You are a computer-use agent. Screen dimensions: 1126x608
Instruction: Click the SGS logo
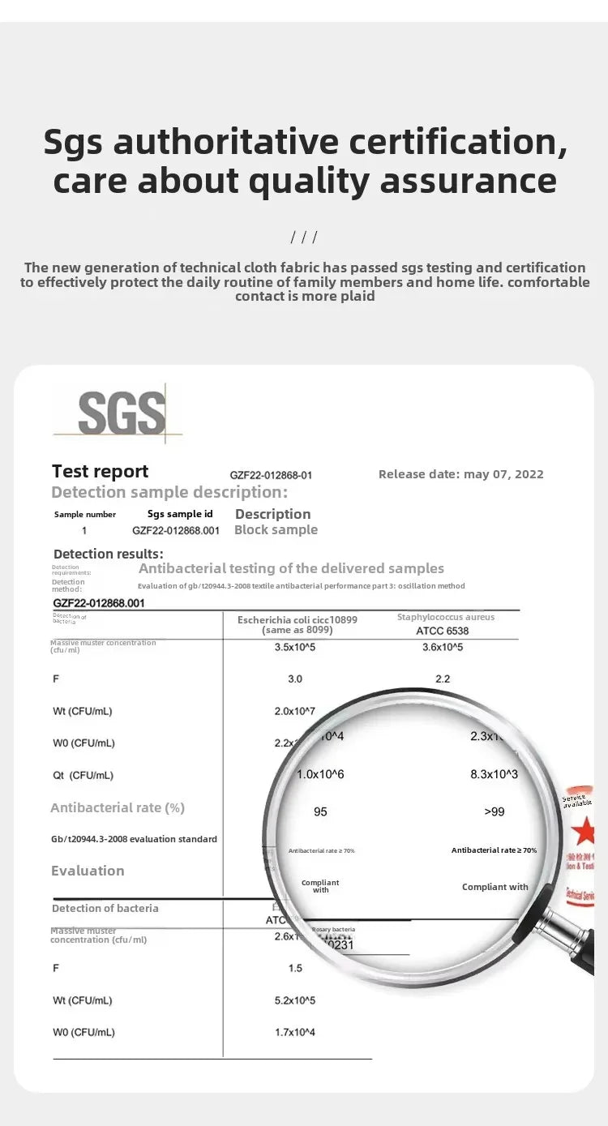(x=122, y=413)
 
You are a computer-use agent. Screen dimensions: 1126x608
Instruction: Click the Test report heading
(x=100, y=472)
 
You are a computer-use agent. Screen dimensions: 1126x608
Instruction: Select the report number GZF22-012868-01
(x=271, y=475)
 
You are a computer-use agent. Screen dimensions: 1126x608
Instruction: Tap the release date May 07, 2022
(x=460, y=474)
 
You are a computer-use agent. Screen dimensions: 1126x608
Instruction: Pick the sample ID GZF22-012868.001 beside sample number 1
(x=175, y=530)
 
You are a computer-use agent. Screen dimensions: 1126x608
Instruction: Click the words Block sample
(x=276, y=530)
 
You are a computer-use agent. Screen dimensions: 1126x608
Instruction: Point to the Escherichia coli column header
(x=297, y=624)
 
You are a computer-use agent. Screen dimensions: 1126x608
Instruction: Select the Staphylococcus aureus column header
(x=445, y=623)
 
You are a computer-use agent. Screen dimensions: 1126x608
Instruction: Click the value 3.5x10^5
(x=294, y=647)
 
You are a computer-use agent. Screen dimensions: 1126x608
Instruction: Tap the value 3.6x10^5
(x=443, y=647)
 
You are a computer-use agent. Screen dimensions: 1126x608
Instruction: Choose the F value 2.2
(x=443, y=679)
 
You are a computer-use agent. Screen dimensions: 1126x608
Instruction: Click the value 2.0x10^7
(x=294, y=711)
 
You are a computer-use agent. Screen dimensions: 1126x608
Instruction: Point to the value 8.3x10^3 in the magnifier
(x=494, y=774)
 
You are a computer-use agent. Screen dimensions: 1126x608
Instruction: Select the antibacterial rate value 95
(x=320, y=811)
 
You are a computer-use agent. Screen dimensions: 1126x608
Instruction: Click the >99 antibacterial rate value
(x=495, y=811)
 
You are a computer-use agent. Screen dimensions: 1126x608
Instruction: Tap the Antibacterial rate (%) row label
(x=118, y=807)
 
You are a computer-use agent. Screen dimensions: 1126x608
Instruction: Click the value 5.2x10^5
(x=294, y=1000)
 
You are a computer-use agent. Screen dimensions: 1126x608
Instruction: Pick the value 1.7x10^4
(x=294, y=1032)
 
